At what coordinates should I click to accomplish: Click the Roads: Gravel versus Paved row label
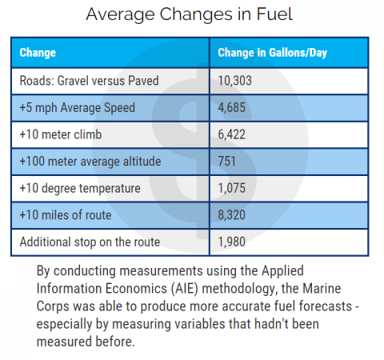pyautogui.click(x=79, y=81)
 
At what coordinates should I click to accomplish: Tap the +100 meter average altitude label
pyautogui.click(x=90, y=161)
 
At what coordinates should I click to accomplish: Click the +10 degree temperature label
pyautogui.click(x=78, y=188)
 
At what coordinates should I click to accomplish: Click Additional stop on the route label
pyautogui.click(x=90, y=242)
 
